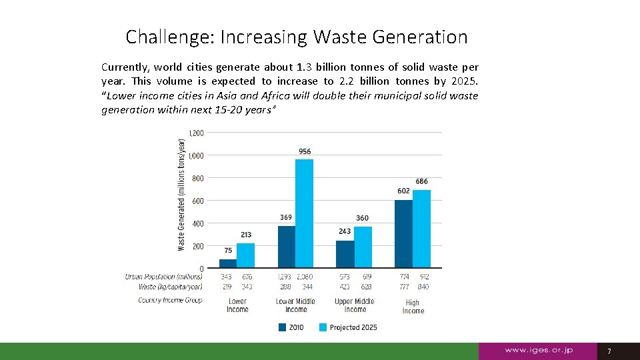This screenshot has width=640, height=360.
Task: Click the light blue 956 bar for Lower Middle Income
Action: [x=304, y=213]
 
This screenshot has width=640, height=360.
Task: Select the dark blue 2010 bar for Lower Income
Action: [x=228, y=263]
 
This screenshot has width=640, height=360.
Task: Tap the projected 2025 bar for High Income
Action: [x=421, y=229]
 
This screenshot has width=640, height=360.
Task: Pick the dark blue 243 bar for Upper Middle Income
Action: [x=345, y=254]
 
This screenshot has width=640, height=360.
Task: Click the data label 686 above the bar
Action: [x=421, y=181]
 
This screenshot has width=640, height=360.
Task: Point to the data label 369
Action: [x=285, y=217]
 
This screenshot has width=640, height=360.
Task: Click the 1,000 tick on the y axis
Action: [x=196, y=155]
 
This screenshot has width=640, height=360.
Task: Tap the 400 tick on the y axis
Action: [x=198, y=223]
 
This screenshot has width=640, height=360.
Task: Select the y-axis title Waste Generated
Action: [x=181, y=195]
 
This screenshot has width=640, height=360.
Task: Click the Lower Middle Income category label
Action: [x=296, y=305]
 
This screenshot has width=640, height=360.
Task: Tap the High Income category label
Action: [x=413, y=307]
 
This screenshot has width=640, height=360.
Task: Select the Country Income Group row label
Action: [x=169, y=300]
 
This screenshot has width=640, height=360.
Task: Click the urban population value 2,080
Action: [x=304, y=277]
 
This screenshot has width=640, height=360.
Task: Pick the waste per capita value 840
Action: [x=423, y=287]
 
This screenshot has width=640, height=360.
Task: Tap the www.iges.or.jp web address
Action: [x=539, y=351]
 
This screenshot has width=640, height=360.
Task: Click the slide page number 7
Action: [x=608, y=351]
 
